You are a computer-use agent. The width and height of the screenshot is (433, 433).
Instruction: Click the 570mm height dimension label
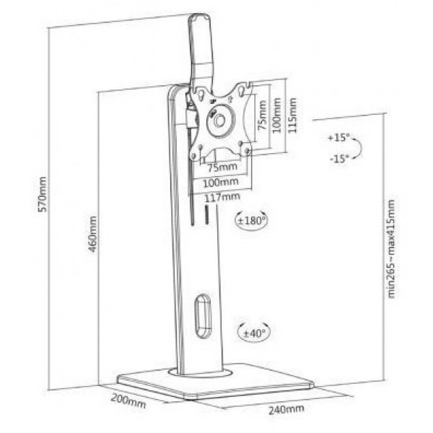pos(43,194)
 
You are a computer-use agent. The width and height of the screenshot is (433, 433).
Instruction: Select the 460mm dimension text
pos(92,234)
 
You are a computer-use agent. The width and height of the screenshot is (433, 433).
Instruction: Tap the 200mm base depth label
pos(128,401)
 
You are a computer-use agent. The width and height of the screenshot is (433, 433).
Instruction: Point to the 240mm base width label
pos(287,409)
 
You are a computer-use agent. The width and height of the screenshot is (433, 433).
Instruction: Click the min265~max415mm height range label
pos(391,248)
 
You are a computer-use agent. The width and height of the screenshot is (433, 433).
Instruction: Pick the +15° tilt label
pos(339,137)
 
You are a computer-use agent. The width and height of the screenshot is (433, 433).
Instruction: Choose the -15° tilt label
pos(339,159)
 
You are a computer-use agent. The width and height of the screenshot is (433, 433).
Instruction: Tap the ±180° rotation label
pos(251,220)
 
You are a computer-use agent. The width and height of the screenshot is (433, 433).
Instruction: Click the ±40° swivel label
pos(254,333)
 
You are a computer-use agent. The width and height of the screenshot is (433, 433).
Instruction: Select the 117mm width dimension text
pos(222,197)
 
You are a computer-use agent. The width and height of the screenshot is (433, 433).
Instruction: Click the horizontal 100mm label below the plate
pos(221,183)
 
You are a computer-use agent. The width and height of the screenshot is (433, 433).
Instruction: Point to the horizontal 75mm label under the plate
pos(222,167)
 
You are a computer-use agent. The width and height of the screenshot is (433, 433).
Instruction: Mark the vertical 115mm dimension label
pos(292,115)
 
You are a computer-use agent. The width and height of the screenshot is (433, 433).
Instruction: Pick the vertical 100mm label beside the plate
pos(276,115)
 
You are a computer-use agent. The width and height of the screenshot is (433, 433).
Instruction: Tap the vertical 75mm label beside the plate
pos(262,115)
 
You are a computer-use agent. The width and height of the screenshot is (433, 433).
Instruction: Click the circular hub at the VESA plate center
pos(220,121)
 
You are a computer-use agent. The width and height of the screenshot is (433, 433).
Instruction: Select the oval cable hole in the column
pos(204,315)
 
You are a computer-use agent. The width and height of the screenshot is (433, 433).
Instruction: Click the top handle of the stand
pos(201,47)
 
